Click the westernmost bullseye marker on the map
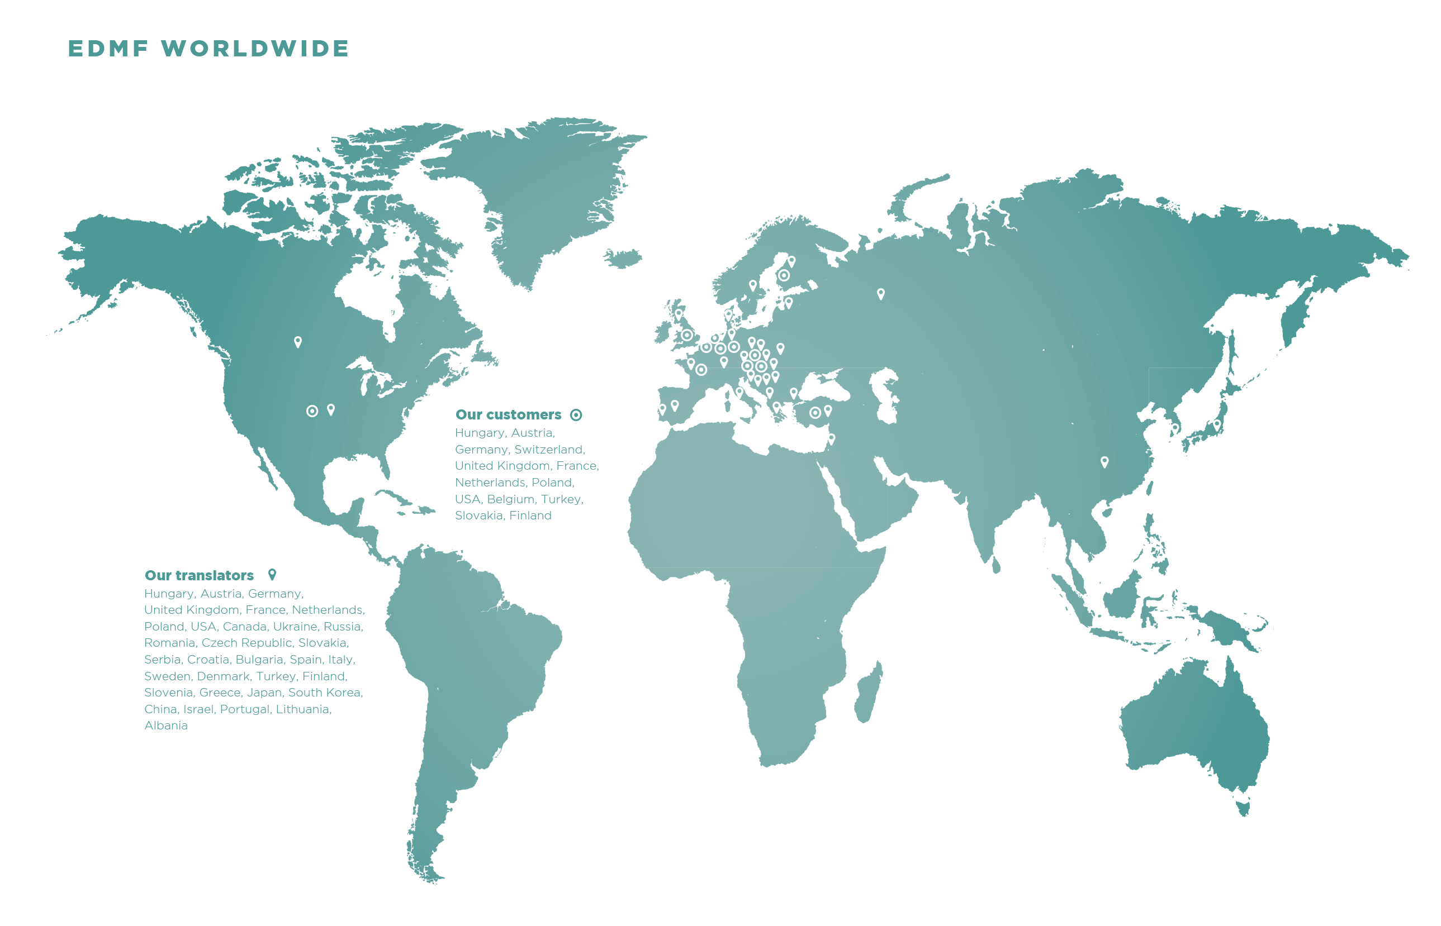click(312, 411)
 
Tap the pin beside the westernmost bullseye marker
click(331, 409)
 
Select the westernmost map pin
click(298, 342)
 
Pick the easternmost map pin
click(1216, 425)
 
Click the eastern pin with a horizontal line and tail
click(1174, 429)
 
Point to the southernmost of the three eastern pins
click(1104, 461)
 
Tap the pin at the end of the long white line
click(662, 409)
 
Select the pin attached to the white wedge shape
click(831, 438)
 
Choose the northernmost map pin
click(791, 261)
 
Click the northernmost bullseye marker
click(783, 275)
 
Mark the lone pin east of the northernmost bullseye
click(880, 293)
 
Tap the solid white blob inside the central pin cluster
click(712, 328)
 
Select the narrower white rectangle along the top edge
click(588, 24)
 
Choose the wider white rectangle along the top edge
click(1102, 24)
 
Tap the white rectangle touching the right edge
click(1374, 645)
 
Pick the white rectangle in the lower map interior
click(999, 744)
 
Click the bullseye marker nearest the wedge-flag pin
click(814, 413)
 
